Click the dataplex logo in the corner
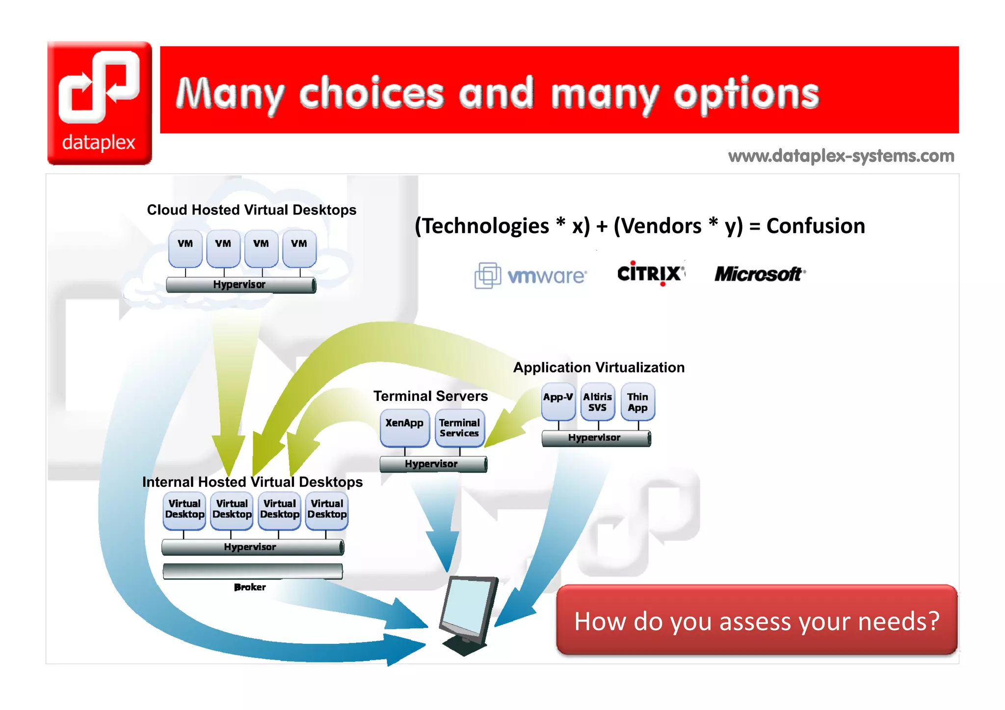pyautogui.click(x=100, y=103)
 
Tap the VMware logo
pyautogui.click(x=530, y=275)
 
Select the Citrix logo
pyautogui.click(x=650, y=273)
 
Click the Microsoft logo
pyautogui.click(x=759, y=274)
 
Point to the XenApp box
pyautogui.click(x=404, y=427)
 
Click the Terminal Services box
pyautogui.click(x=459, y=428)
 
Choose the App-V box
pyautogui.click(x=558, y=401)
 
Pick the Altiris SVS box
pyautogui.click(x=597, y=402)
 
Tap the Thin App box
pyautogui.click(x=637, y=402)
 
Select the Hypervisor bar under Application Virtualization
pyautogui.click(x=596, y=438)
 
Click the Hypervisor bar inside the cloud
pyautogui.click(x=240, y=285)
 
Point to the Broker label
pyautogui.click(x=250, y=587)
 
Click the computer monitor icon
pyautogui.click(x=469, y=613)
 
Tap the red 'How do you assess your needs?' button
pyautogui.click(x=756, y=621)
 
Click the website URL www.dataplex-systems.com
pyautogui.click(x=841, y=156)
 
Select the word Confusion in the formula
pyautogui.click(x=815, y=226)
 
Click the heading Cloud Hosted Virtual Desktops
pyautogui.click(x=251, y=210)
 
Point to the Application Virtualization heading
pyautogui.click(x=598, y=368)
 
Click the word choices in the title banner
pyautogui.click(x=371, y=93)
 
